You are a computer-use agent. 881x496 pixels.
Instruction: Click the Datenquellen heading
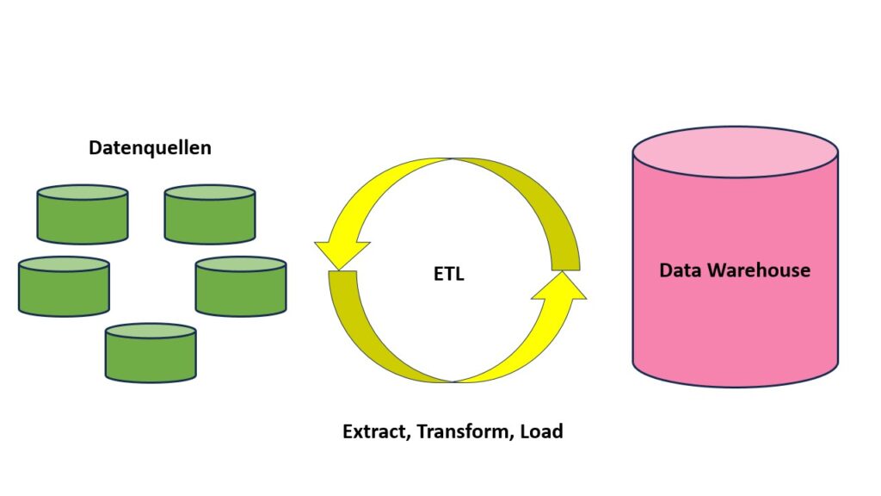tap(150, 148)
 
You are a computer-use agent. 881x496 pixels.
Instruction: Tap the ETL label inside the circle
tap(448, 276)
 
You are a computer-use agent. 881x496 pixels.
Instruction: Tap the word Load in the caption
tap(541, 431)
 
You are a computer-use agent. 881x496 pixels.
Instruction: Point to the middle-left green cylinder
tap(64, 288)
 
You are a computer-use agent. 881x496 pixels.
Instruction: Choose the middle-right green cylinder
tap(241, 288)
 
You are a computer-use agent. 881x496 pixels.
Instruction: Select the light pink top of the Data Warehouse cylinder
tap(735, 152)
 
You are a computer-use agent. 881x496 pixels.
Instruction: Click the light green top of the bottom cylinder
tap(151, 331)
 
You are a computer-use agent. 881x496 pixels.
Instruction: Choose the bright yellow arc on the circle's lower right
tap(525, 344)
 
